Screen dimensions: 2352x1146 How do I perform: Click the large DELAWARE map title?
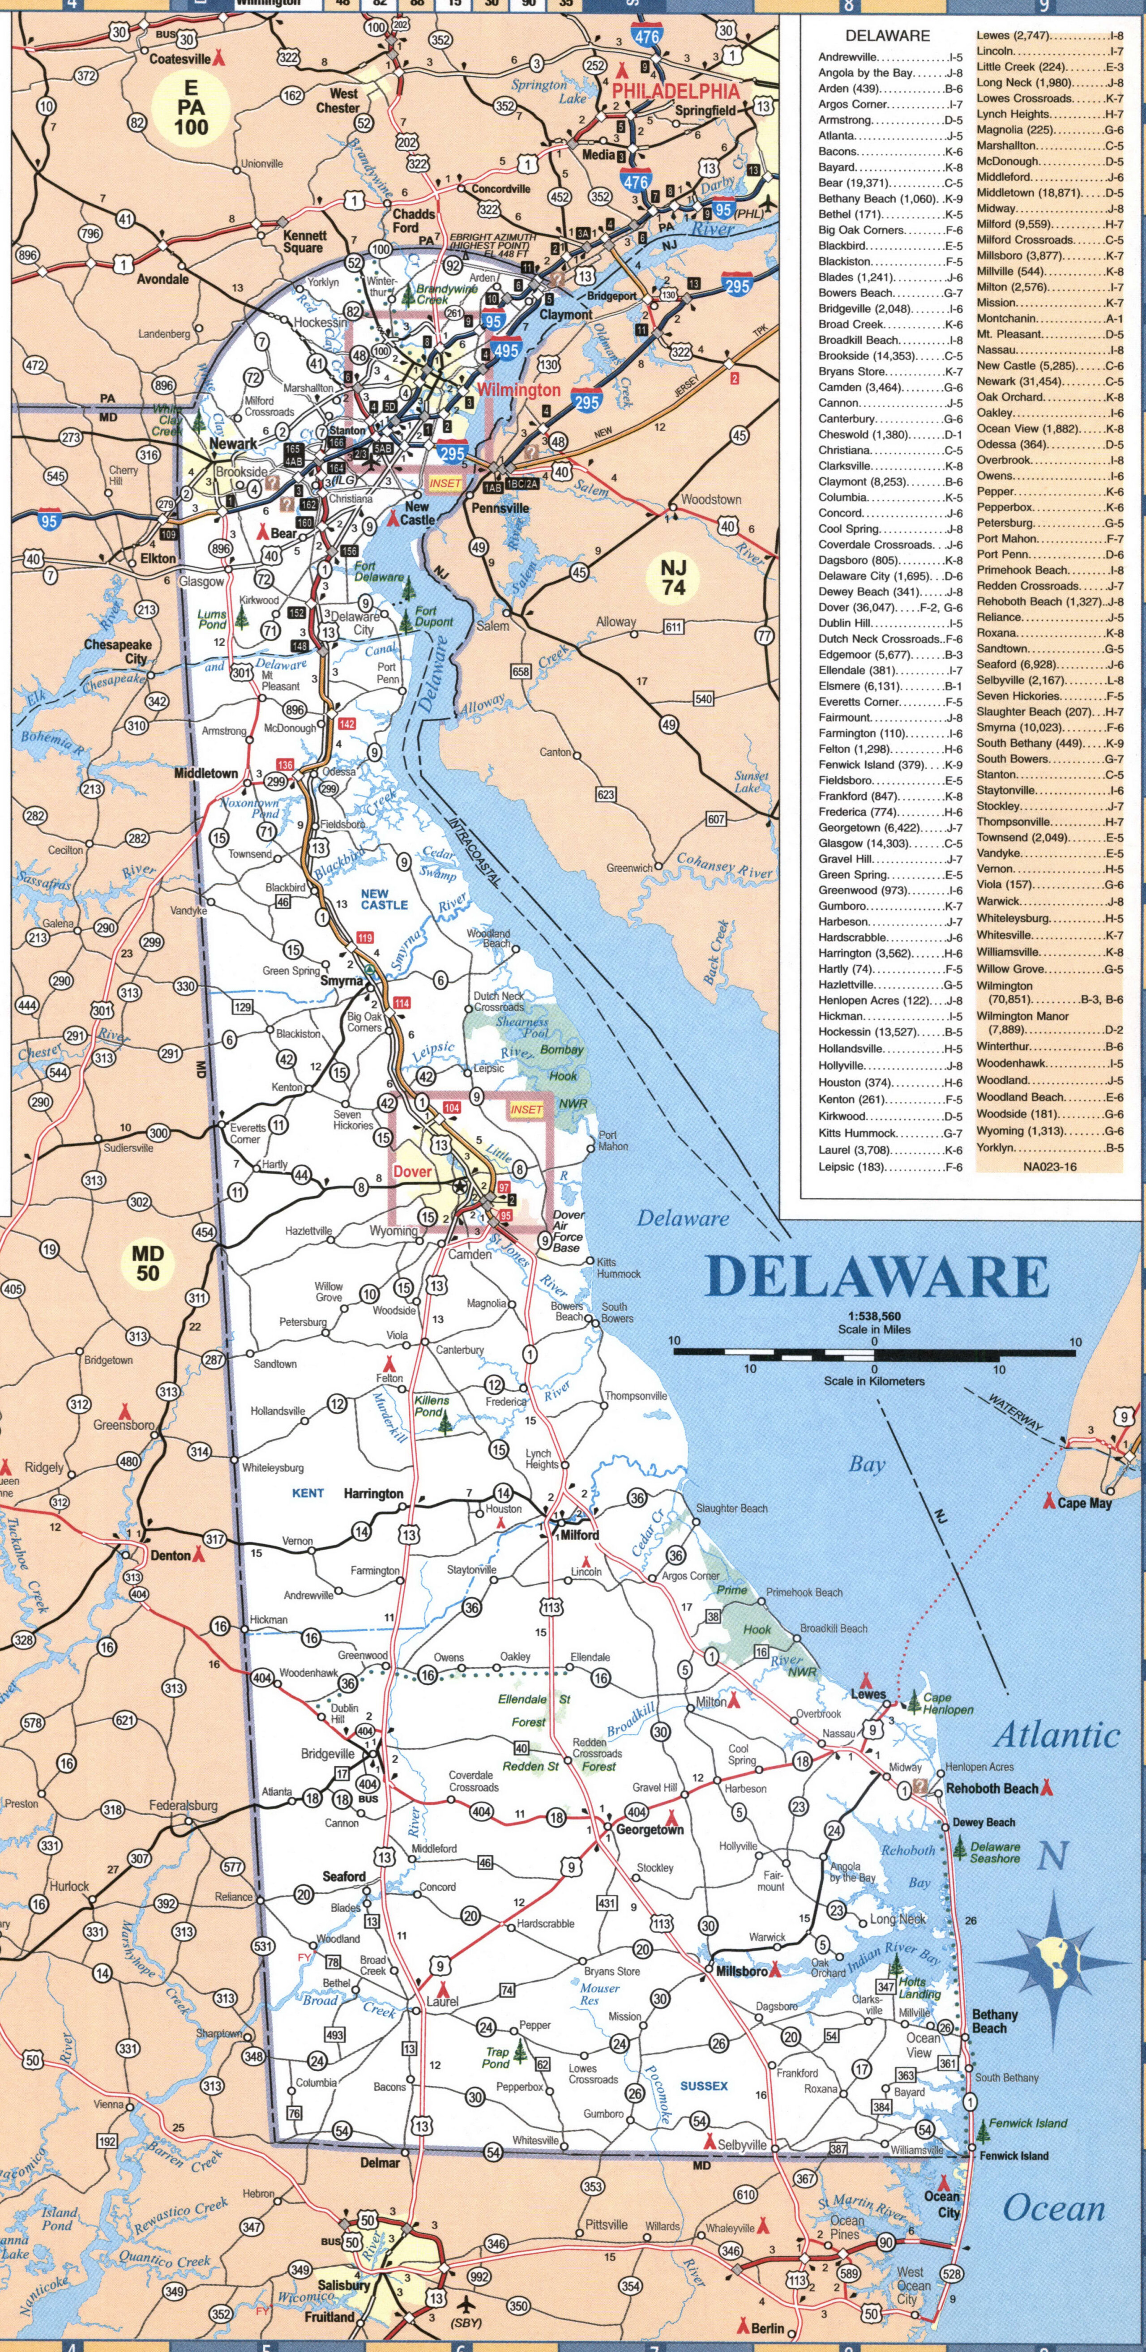877,1276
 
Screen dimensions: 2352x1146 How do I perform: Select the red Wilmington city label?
519,390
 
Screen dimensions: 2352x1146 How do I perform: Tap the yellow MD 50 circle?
147,1264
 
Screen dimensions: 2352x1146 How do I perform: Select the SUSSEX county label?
704,2086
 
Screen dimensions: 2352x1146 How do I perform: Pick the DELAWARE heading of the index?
887,36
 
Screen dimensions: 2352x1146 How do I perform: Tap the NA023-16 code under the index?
1049,1166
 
